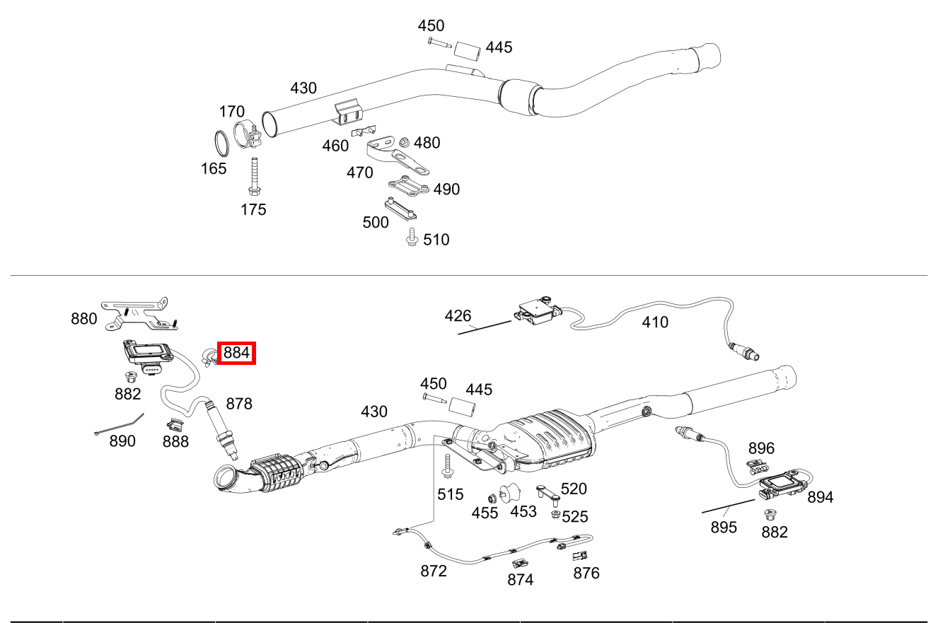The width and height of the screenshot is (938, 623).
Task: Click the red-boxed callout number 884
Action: point(236,352)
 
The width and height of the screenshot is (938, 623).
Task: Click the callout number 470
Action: point(359,173)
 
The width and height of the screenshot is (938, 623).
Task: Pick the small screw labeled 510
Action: point(412,240)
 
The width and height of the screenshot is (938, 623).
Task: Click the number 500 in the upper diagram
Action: point(375,222)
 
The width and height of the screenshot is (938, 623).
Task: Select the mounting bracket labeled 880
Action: point(136,313)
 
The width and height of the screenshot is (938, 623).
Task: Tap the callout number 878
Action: point(239,404)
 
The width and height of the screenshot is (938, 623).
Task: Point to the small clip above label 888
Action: point(174,424)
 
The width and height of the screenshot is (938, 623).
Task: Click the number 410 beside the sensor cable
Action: point(654,322)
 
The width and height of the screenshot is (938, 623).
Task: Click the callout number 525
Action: point(574,517)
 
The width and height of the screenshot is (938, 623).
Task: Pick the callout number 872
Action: point(434,571)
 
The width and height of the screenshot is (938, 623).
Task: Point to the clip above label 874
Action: point(519,564)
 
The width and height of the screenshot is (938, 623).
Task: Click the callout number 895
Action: point(724,527)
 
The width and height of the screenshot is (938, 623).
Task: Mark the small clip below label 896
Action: point(758,466)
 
